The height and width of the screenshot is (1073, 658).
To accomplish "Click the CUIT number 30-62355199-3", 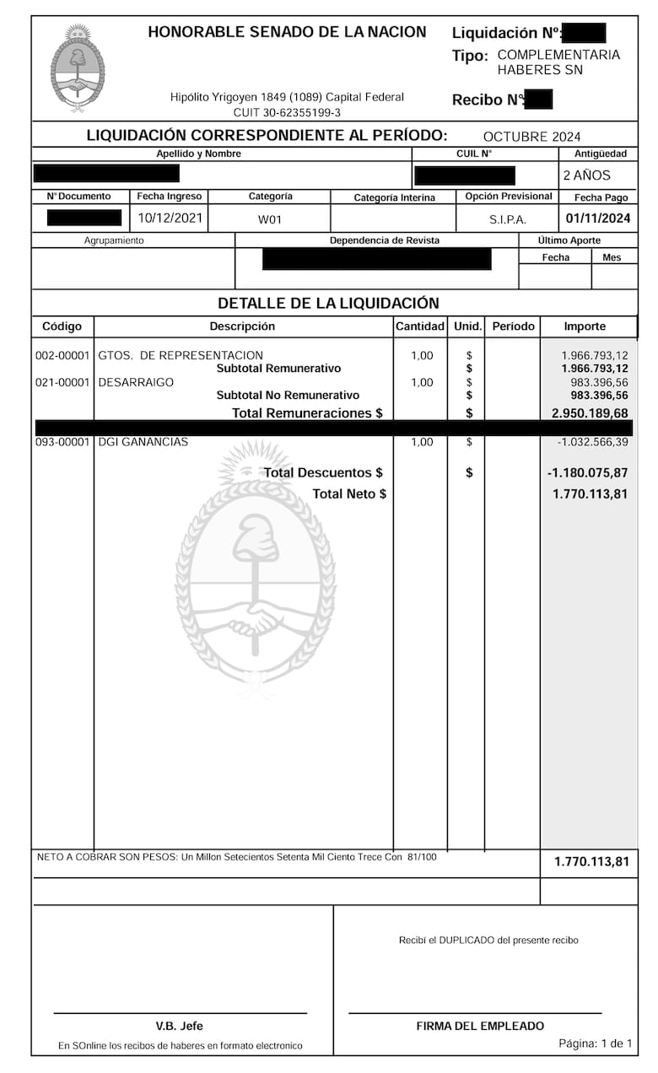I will click(287, 113).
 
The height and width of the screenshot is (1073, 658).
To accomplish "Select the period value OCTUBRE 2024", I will click(531, 137).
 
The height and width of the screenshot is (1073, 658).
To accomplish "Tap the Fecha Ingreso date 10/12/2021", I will click(170, 218).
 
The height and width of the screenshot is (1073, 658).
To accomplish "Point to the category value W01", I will click(270, 218).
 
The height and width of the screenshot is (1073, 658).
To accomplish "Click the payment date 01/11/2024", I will click(598, 218).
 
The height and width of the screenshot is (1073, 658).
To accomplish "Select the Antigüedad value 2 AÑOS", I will click(586, 175).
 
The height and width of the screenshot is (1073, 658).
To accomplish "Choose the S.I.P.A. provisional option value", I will click(508, 218).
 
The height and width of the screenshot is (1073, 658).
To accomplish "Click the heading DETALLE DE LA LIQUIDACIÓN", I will click(328, 303).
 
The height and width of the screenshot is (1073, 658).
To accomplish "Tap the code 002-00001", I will click(62, 355).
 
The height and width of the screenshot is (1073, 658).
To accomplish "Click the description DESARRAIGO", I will click(136, 382).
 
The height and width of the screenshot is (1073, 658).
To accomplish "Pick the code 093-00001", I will click(62, 442).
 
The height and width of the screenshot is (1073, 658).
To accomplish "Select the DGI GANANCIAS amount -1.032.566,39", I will click(592, 442).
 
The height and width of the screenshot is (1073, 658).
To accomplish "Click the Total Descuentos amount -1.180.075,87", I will click(587, 473).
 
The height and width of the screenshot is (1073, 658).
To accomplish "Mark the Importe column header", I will click(585, 326).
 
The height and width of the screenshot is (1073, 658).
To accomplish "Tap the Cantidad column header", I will click(420, 326).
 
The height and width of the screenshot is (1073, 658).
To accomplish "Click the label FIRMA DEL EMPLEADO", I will click(480, 1026).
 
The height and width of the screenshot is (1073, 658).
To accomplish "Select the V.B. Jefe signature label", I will click(179, 1026).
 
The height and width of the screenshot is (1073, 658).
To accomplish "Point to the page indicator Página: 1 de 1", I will click(595, 1043).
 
